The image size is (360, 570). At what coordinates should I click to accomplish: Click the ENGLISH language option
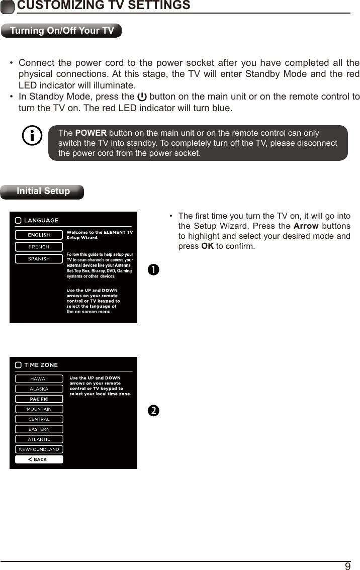pyautogui.click(x=39, y=235)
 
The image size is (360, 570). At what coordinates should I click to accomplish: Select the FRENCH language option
pyautogui.click(x=39, y=247)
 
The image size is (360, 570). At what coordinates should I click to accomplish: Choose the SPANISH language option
pyautogui.click(x=39, y=259)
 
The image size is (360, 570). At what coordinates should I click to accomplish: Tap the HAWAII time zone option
pyautogui.click(x=39, y=379)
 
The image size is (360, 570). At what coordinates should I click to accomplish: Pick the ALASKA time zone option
pyautogui.click(x=39, y=389)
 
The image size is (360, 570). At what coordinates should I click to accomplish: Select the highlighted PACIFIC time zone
pyautogui.click(x=39, y=399)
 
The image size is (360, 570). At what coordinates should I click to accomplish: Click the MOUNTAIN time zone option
pyautogui.click(x=39, y=409)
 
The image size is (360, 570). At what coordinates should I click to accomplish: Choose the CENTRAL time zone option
pyautogui.click(x=39, y=419)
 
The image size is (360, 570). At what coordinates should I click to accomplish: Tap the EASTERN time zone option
pyautogui.click(x=39, y=429)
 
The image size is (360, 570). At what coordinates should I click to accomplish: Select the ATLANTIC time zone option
pyautogui.click(x=39, y=439)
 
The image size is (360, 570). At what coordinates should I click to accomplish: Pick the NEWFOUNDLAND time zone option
pyautogui.click(x=39, y=449)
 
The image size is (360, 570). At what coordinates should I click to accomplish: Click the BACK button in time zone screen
pyautogui.click(x=39, y=459)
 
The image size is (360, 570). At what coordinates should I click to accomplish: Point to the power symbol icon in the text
pyautogui.click(x=142, y=97)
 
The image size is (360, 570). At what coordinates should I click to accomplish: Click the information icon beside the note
pyautogui.click(x=33, y=136)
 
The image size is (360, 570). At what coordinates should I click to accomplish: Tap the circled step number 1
pyautogui.click(x=153, y=269)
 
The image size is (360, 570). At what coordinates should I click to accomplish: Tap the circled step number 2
pyautogui.click(x=153, y=411)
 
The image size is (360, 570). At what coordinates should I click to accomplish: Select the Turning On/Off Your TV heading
pyautogui.click(x=62, y=31)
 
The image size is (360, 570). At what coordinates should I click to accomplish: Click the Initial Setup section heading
pyautogui.click(x=43, y=192)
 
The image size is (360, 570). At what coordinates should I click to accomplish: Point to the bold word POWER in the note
pyautogui.click(x=91, y=133)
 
